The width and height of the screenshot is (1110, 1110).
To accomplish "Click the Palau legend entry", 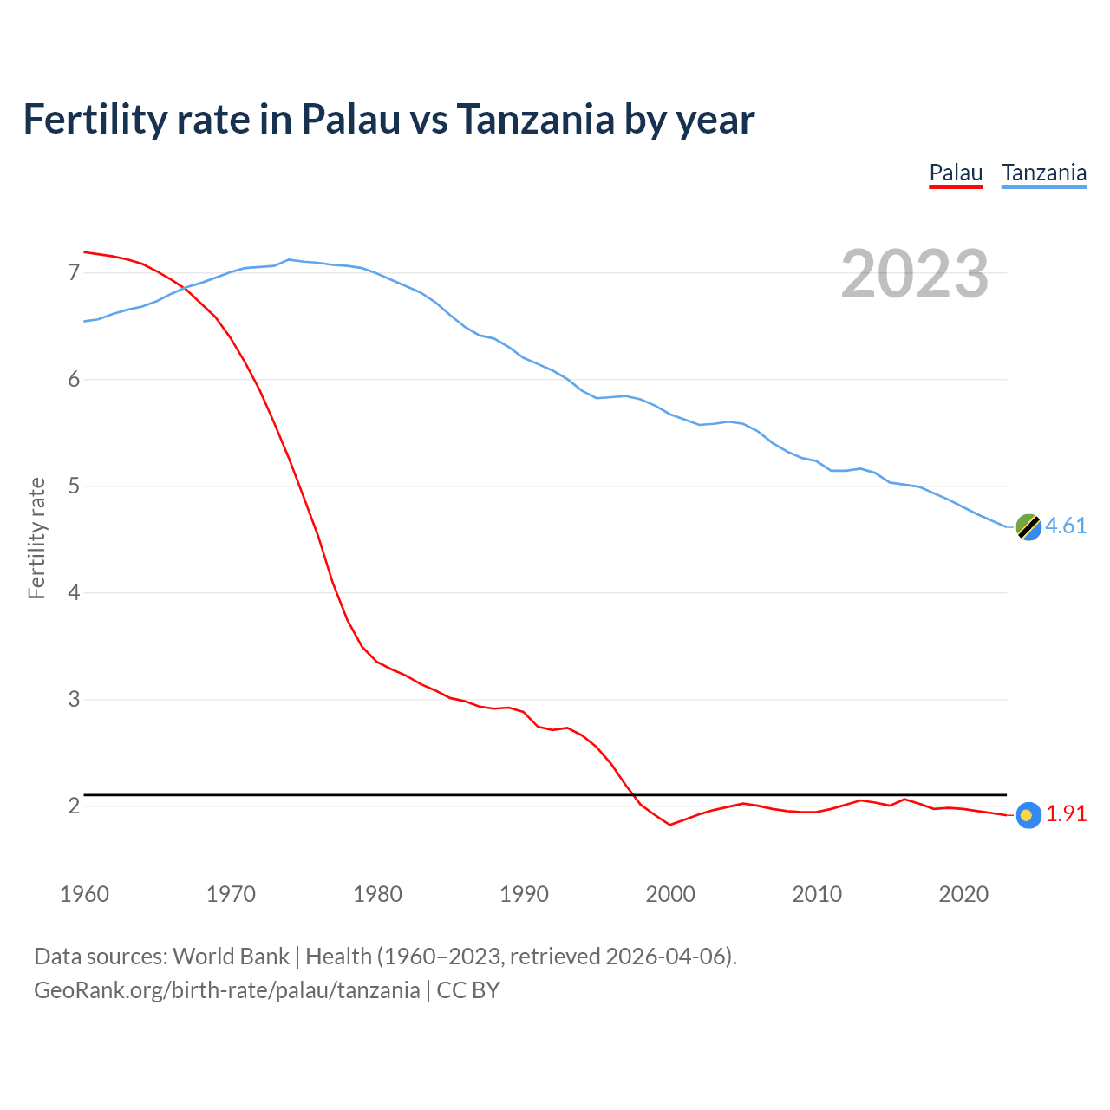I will point(956,173).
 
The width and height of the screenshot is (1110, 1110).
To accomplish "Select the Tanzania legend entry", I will point(1044,173).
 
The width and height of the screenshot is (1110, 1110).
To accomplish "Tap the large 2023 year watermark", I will point(915,274).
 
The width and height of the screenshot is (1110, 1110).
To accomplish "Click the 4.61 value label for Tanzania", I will point(1066,526).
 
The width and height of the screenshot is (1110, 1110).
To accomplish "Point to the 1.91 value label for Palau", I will point(1066,813).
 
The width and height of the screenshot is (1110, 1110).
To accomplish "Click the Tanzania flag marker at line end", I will point(1028,526).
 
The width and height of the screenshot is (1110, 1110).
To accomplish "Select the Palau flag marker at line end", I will point(1028,814).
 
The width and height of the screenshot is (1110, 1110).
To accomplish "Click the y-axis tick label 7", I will point(74,273).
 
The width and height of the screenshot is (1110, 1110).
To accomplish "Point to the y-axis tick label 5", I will point(74,486).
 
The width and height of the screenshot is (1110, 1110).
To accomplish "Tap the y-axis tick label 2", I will point(74,806).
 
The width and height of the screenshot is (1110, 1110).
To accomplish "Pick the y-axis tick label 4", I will point(74,592).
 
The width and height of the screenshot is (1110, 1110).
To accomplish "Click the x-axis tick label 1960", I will point(84,894).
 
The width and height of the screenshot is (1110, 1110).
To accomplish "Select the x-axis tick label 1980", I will point(377,894).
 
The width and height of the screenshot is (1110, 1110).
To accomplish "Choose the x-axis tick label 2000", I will point(670,894).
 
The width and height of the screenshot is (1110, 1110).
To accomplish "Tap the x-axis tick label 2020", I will point(963,894).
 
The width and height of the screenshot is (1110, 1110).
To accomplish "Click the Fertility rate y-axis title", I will point(36,538).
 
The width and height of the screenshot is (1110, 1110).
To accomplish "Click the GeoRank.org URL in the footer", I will point(227,990).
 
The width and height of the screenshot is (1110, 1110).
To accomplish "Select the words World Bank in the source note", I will point(231,957).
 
